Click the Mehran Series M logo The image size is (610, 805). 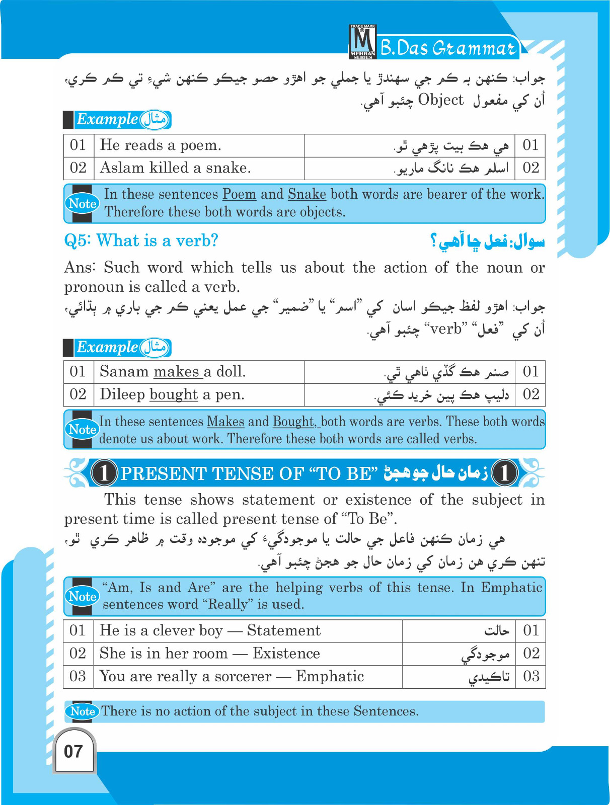[362, 42]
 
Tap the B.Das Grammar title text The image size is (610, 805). [448, 48]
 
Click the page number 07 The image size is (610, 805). [73, 752]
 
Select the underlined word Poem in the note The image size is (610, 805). [239, 194]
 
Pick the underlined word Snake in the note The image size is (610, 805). [307, 194]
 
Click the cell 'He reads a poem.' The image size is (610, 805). [161, 145]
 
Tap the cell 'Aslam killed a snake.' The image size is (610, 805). [175, 168]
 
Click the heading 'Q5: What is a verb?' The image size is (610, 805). [141, 240]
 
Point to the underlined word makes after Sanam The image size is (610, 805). [177, 372]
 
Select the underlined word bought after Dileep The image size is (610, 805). [174, 394]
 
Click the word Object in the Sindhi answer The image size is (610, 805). [440, 100]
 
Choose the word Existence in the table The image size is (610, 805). [286, 654]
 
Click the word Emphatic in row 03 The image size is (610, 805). [330, 676]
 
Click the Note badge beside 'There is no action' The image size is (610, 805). [83, 711]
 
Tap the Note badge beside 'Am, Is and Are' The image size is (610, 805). [82, 597]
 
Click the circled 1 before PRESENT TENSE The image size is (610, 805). [104, 473]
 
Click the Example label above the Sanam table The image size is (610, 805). [107, 348]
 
